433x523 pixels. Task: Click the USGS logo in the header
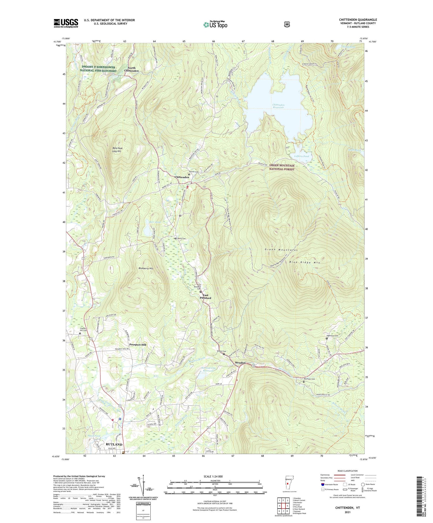(x=66, y=23)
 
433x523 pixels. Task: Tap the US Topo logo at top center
(x=215, y=25)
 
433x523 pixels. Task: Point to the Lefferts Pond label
(x=301, y=156)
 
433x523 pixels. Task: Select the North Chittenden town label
(x=131, y=69)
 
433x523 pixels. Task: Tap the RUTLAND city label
(x=114, y=445)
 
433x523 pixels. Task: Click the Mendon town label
(x=240, y=363)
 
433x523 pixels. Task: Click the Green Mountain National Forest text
(x=282, y=167)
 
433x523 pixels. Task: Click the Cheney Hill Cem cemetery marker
(x=80, y=333)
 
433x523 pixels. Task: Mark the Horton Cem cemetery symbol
(x=189, y=175)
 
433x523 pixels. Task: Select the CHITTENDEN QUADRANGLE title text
(x=358, y=20)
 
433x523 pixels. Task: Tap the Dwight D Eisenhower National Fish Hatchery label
(x=98, y=69)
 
